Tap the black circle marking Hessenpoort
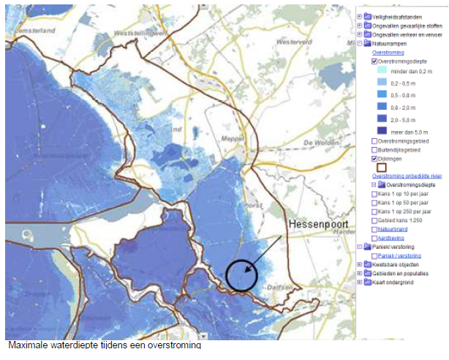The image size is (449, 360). coord(243,276)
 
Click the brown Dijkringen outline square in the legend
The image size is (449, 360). coord(381,167)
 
